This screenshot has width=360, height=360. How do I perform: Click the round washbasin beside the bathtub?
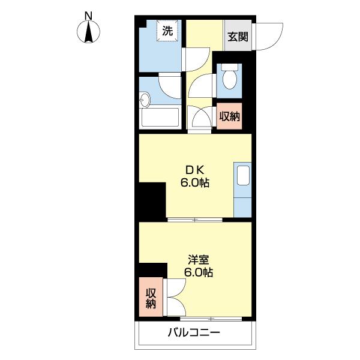coord(145,99)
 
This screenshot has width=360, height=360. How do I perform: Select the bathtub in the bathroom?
coord(160,117)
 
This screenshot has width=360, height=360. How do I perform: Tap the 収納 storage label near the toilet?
coord(229,116)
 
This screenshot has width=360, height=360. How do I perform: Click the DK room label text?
coord(195,170)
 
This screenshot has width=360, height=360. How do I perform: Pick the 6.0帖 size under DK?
coord(195,184)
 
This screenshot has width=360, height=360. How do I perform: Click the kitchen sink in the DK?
coord(243,176)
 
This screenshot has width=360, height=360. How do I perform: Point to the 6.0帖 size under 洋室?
coord(199,273)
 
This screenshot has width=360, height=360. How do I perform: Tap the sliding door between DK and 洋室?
coord(194,220)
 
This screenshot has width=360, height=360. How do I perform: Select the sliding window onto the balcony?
coord(204,317)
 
